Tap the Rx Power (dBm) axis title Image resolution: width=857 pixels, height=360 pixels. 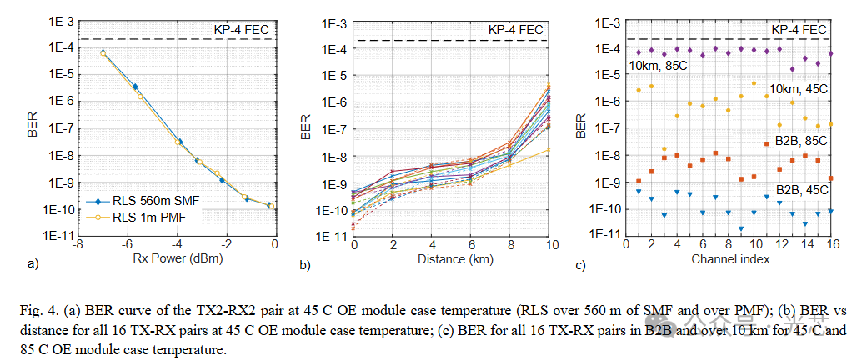pyautogui.click(x=174, y=260)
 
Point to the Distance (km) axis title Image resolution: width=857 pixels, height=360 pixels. pyautogui.click(x=452, y=260)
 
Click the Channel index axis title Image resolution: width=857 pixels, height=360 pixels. pyautogui.click(x=730, y=260)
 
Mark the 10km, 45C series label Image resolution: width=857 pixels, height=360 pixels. pyautogui.click(x=799, y=89)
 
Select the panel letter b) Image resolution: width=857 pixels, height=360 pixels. pyautogui.click(x=306, y=265)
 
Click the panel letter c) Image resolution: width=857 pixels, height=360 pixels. pyautogui.click(x=580, y=265)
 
